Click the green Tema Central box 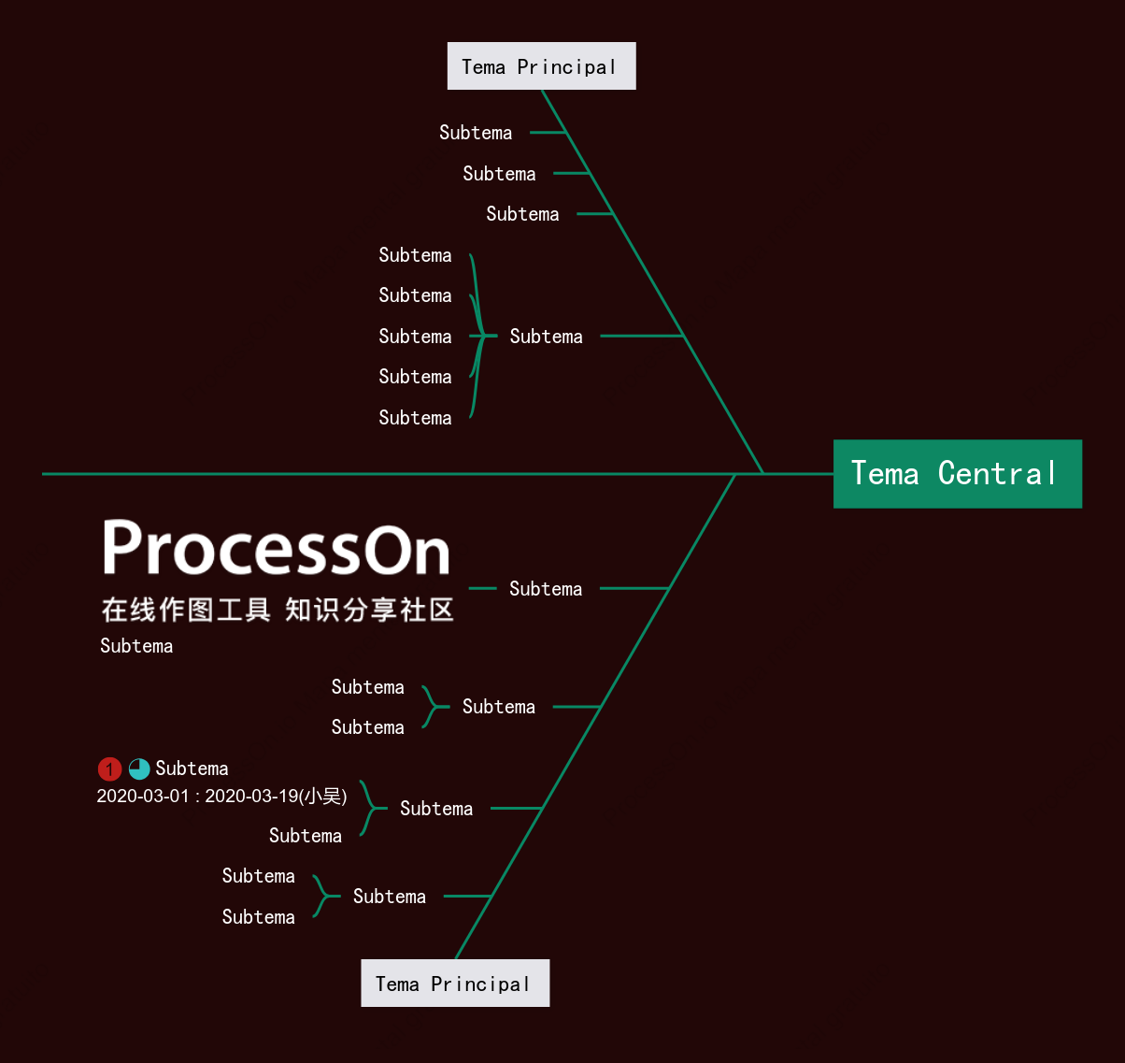[x=958, y=474]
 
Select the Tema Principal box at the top [x=542, y=65]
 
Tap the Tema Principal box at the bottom [x=455, y=983]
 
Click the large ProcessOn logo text [x=277, y=548]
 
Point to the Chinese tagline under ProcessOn [x=278, y=610]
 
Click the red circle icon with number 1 [x=109, y=769]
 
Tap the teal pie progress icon [x=139, y=769]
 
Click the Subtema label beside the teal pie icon [x=192, y=769]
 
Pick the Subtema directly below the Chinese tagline [x=136, y=646]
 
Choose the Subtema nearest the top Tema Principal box [x=476, y=133]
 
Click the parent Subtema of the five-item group [x=546, y=337]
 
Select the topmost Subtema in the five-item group [x=415, y=255]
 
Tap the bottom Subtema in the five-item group [x=415, y=418]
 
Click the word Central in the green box [x=997, y=473]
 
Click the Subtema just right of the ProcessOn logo [x=546, y=589]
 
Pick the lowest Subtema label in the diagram [x=258, y=917]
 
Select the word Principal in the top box [x=566, y=67]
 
